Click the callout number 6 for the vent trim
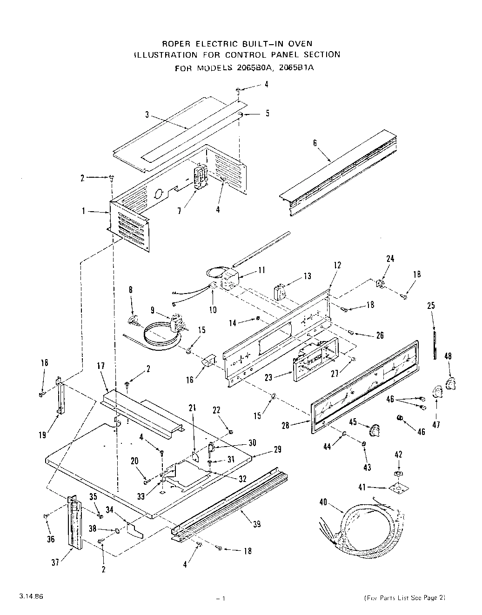click(x=315, y=143)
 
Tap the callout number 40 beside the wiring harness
click(x=323, y=501)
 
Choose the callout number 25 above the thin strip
click(x=431, y=306)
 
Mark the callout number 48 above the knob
click(x=448, y=356)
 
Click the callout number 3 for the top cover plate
click(x=146, y=115)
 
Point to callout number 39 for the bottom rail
click(x=256, y=524)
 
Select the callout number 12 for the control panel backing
click(x=337, y=265)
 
